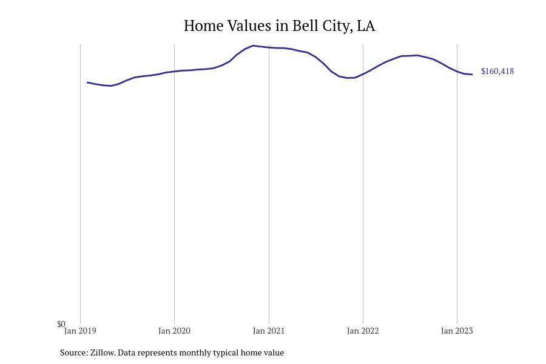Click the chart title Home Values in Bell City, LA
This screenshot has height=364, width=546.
coord(279,26)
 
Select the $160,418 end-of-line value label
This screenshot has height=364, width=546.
coord(497,72)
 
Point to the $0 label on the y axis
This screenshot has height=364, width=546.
coord(61,324)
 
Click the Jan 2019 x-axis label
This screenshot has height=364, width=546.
coord(80,331)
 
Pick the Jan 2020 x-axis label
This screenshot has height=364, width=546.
coord(174,331)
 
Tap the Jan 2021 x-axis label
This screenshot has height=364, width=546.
coord(269,331)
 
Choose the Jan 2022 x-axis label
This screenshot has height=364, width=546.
coord(363,331)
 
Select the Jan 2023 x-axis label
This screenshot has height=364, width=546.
coord(457,331)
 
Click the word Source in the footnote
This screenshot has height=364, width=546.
coord(73,352)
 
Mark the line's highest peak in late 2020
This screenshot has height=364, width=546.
coord(253,45)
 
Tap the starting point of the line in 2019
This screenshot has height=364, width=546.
coord(88,83)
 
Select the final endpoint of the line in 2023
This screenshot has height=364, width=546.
coord(472,75)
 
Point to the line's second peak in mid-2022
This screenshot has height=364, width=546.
coord(417,55)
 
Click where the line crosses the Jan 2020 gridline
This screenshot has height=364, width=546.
coord(174,72)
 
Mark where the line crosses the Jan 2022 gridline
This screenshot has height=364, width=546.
coord(363,74)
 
